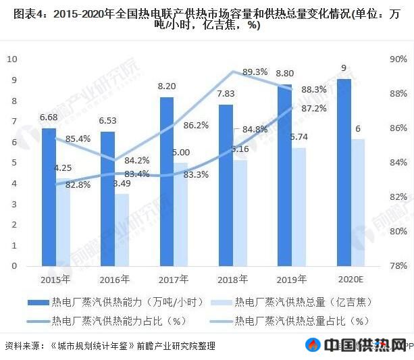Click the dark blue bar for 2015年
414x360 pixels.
click(x=49, y=197)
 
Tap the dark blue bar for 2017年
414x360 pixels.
click(x=167, y=182)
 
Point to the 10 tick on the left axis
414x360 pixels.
click(x=11, y=59)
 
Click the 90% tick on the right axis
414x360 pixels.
click(x=398, y=59)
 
